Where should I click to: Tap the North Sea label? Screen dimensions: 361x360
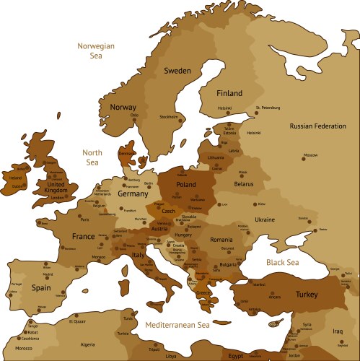pos(92,157)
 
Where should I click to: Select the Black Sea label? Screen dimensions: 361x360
pos(282,262)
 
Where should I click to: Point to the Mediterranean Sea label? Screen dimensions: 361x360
pos(177,326)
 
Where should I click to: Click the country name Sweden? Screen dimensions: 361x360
pos(177,71)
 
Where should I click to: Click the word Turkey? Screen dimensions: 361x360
pos(312,295)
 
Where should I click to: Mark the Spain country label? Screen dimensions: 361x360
pos(41,287)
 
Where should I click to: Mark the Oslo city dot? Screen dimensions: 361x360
pos(133,120)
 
